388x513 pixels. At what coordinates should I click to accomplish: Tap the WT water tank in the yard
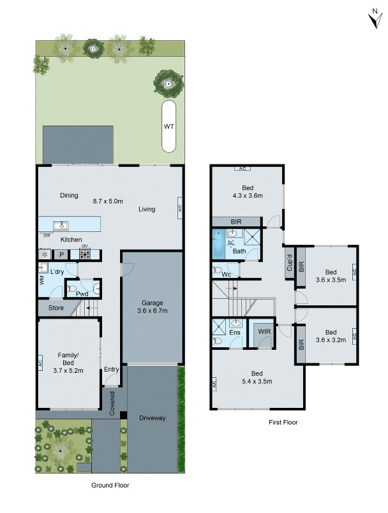tap(169, 126)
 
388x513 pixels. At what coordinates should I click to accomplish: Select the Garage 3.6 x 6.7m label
tap(151, 307)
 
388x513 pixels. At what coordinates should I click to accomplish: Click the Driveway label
tap(152, 418)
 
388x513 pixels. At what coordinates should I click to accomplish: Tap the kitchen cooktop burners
tap(84, 254)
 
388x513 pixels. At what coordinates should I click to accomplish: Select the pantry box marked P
tap(62, 254)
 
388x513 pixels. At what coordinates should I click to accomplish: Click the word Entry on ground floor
tap(111, 370)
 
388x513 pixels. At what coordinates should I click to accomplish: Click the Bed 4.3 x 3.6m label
tap(248, 191)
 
